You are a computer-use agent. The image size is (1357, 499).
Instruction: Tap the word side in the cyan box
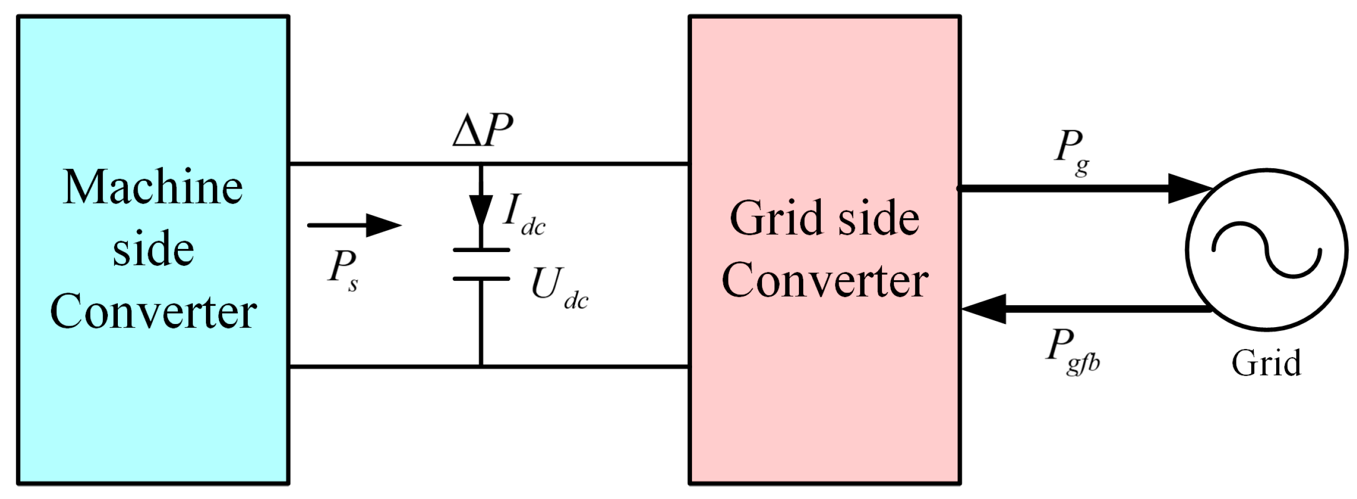(x=153, y=248)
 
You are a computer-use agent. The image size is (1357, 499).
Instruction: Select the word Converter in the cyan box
(x=153, y=311)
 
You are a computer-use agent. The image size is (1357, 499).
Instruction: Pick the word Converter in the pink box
(x=825, y=281)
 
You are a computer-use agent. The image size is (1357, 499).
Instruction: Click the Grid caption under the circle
(x=1266, y=363)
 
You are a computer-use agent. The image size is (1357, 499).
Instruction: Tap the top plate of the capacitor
(x=481, y=250)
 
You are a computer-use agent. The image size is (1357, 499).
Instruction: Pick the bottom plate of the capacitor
(x=481, y=279)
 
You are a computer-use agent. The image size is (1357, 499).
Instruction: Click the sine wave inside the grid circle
(x=1266, y=251)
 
